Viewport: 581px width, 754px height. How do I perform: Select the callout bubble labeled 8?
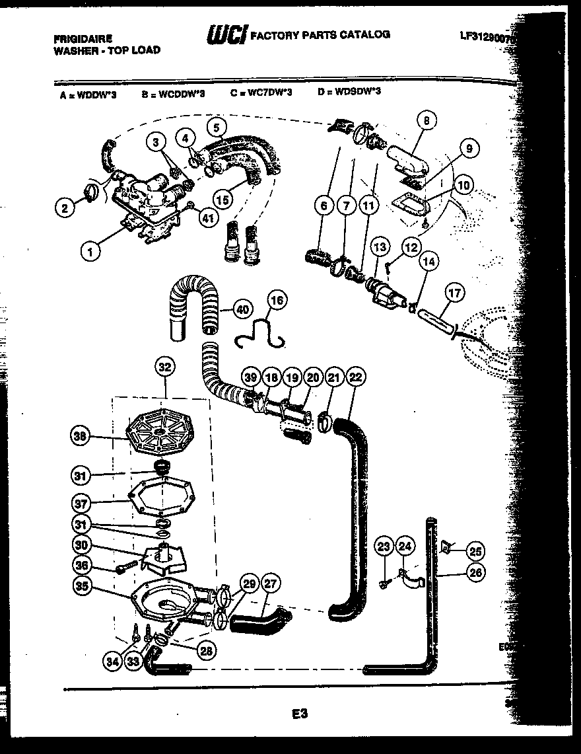[427, 120]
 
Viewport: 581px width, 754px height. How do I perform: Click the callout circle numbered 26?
[475, 573]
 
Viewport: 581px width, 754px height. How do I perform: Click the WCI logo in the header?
[227, 35]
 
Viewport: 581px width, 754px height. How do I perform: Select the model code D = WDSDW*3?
[349, 92]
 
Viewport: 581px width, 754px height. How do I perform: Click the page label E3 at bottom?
[299, 714]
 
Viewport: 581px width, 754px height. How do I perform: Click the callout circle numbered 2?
[65, 209]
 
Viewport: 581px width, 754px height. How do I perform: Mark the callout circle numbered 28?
[207, 651]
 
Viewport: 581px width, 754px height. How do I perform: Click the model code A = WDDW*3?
[88, 94]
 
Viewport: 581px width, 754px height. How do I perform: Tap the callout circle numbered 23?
[385, 547]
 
